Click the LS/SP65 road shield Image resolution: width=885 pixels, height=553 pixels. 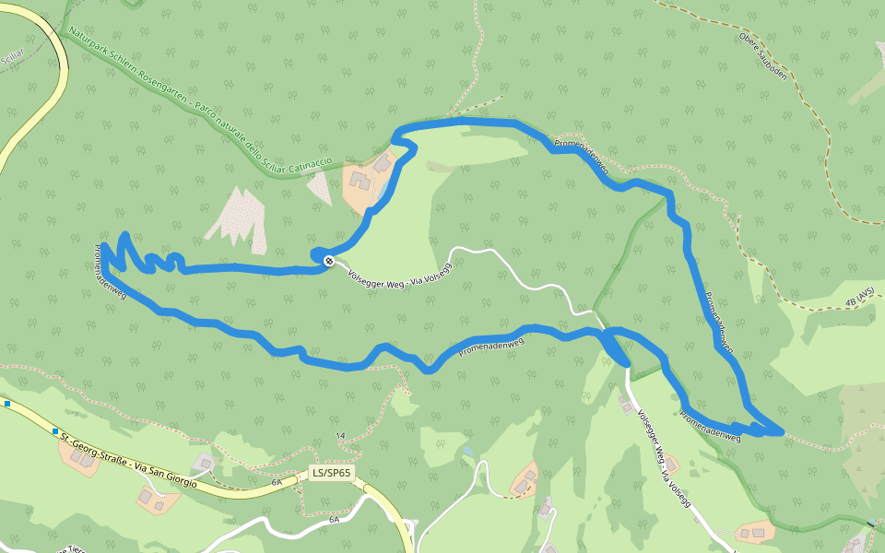332,474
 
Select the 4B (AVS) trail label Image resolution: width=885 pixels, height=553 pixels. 858,297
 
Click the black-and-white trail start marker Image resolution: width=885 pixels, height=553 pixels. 328,262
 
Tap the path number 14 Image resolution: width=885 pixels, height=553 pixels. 340,435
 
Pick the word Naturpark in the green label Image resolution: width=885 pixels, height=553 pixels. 89,42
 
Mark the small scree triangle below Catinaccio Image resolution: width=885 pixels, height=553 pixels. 319,188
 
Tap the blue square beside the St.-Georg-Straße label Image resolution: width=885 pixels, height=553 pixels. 55,431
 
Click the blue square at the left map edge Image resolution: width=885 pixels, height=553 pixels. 6,404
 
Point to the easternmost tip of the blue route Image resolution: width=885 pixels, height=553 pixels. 783,430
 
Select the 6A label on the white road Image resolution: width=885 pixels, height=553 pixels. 334,519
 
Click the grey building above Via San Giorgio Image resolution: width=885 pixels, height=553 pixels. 204,461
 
